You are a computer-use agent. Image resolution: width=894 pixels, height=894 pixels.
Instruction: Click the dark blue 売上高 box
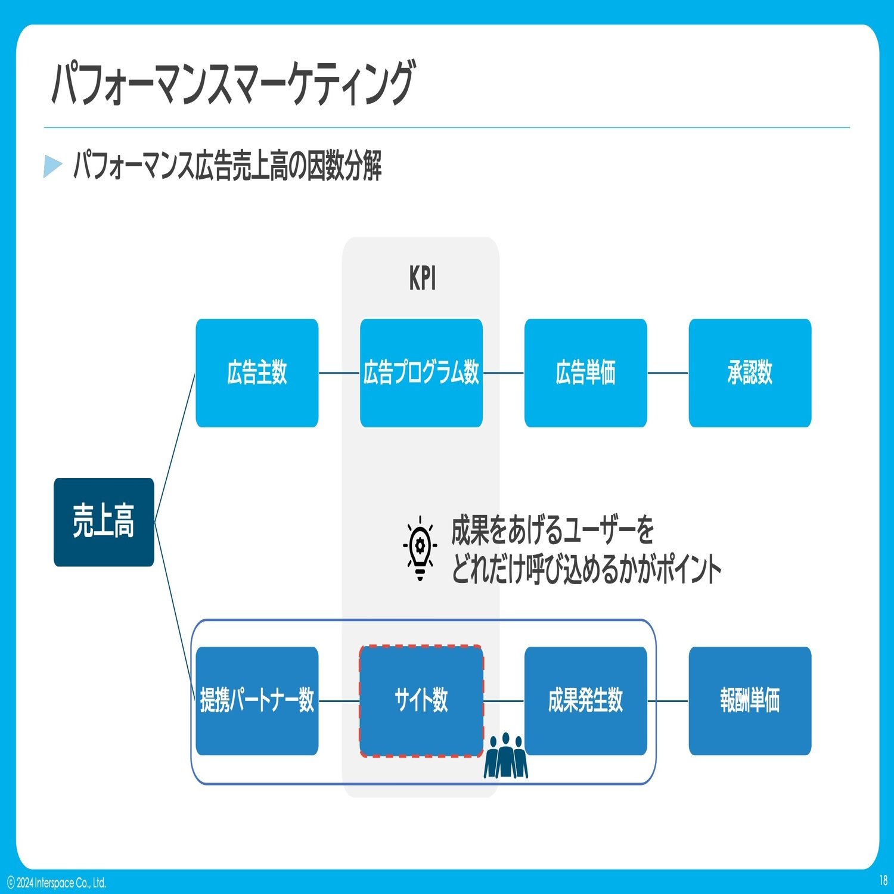click(x=104, y=522)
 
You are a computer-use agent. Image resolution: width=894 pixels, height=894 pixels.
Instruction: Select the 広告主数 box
click(x=257, y=373)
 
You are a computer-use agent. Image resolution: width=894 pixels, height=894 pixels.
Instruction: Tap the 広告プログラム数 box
click(x=421, y=373)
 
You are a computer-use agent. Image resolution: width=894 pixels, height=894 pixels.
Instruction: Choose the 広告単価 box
click(x=586, y=373)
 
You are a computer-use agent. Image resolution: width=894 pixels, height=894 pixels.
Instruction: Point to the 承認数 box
click(x=750, y=373)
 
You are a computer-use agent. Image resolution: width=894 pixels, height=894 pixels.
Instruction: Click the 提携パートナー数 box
click(x=257, y=701)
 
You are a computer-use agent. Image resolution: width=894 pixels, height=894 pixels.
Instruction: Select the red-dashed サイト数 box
click(x=421, y=701)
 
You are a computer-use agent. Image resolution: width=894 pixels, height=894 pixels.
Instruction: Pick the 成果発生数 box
click(x=586, y=701)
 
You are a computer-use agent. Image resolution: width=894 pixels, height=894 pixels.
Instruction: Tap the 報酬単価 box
click(x=750, y=701)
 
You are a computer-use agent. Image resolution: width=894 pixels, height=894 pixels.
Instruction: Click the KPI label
click(x=423, y=278)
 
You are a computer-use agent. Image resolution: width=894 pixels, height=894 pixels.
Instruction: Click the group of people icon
click(x=506, y=756)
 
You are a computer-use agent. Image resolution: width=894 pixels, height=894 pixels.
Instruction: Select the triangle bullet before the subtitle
click(x=52, y=166)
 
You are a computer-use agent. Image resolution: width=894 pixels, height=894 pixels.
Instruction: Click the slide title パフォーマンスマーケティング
click(x=232, y=83)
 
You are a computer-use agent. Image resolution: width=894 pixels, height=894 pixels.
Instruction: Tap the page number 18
click(x=883, y=880)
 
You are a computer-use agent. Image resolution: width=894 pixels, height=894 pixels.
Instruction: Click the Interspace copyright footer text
click(x=57, y=883)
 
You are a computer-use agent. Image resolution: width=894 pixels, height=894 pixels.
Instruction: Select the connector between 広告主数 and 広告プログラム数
click(x=339, y=373)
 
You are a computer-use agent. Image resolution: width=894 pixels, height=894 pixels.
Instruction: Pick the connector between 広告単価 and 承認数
click(x=668, y=373)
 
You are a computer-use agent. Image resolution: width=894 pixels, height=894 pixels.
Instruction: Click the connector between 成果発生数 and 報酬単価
click(x=668, y=701)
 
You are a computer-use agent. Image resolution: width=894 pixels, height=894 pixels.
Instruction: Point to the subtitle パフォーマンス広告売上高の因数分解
click(x=228, y=166)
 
